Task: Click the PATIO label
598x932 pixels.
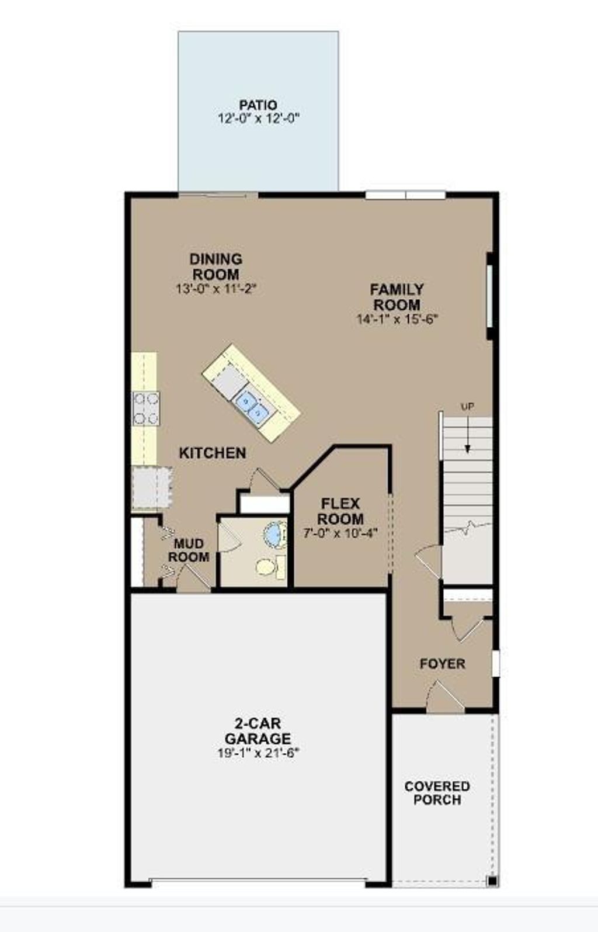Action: pyautogui.click(x=258, y=105)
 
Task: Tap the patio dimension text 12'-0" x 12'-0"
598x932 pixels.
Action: pyautogui.click(x=258, y=119)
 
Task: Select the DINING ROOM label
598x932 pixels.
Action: pyautogui.click(x=216, y=266)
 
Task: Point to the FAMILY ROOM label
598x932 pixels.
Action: pyautogui.click(x=397, y=297)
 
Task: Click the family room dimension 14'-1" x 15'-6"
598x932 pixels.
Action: pyautogui.click(x=397, y=319)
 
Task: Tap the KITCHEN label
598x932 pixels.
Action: pyautogui.click(x=213, y=453)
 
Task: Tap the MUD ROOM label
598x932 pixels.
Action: pyautogui.click(x=189, y=550)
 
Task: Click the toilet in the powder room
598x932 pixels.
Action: pyautogui.click(x=266, y=566)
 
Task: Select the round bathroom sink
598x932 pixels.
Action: pyautogui.click(x=274, y=534)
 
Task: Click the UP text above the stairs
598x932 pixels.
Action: pyautogui.click(x=468, y=407)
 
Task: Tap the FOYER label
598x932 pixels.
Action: pyautogui.click(x=443, y=664)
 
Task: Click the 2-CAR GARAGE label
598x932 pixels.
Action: pyautogui.click(x=258, y=731)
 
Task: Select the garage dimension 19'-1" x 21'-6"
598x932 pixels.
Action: pyautogui.click(x=258, y=753)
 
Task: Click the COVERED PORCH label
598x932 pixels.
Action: pyautogui.click(x=437, y=793)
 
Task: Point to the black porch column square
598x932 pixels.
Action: pyautogui.click(x=492, y=881)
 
